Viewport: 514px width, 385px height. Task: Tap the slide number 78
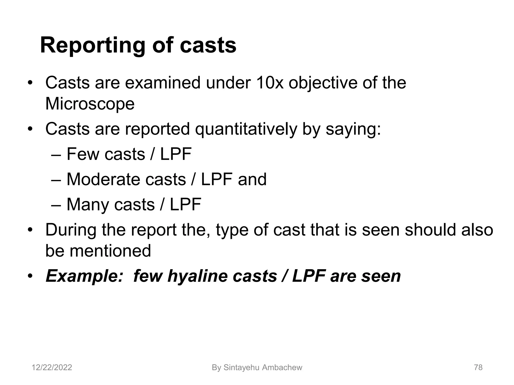(478, 367)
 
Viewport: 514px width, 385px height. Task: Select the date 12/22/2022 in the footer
(52, 367)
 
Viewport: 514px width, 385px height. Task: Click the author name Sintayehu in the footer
(241, 367)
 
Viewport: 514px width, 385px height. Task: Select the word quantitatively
(246, 129)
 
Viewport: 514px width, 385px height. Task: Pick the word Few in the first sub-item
(83, 154)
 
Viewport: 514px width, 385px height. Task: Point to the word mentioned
(110, 251)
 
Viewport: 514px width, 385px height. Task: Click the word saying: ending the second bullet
(353, 129)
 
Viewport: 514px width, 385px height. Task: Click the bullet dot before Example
(30, 276)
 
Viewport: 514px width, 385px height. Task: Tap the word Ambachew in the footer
(282, 367)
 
